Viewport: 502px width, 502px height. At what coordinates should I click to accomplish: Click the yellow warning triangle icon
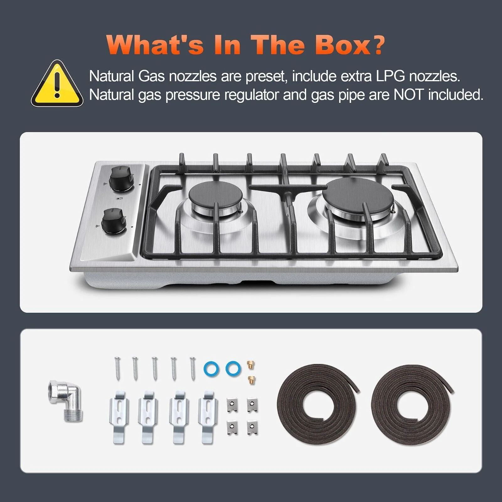[x=57, y=84]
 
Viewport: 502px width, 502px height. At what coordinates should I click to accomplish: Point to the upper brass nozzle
[x=251, y=364]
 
